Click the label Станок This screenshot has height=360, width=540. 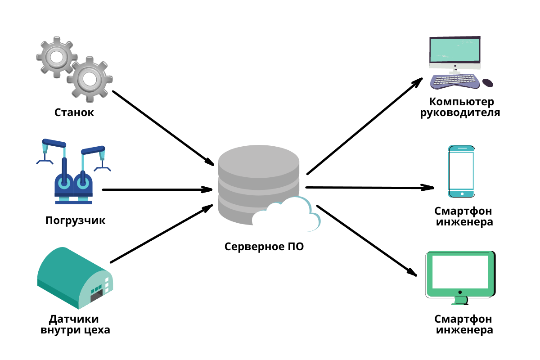pos(74,112)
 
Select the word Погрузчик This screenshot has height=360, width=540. pos(75,221)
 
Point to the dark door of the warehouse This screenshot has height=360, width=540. pos(97,296)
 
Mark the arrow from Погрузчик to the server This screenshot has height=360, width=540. pos(157,189)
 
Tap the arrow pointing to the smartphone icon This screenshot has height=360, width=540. pos(369,188)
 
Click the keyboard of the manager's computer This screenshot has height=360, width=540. pos(454,81)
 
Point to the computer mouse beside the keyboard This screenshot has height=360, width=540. pos(488,83)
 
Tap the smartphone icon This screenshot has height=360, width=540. pos(462,171)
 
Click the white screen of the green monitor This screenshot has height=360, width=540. pos(460,272)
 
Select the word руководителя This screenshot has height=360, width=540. pos(460,112)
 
